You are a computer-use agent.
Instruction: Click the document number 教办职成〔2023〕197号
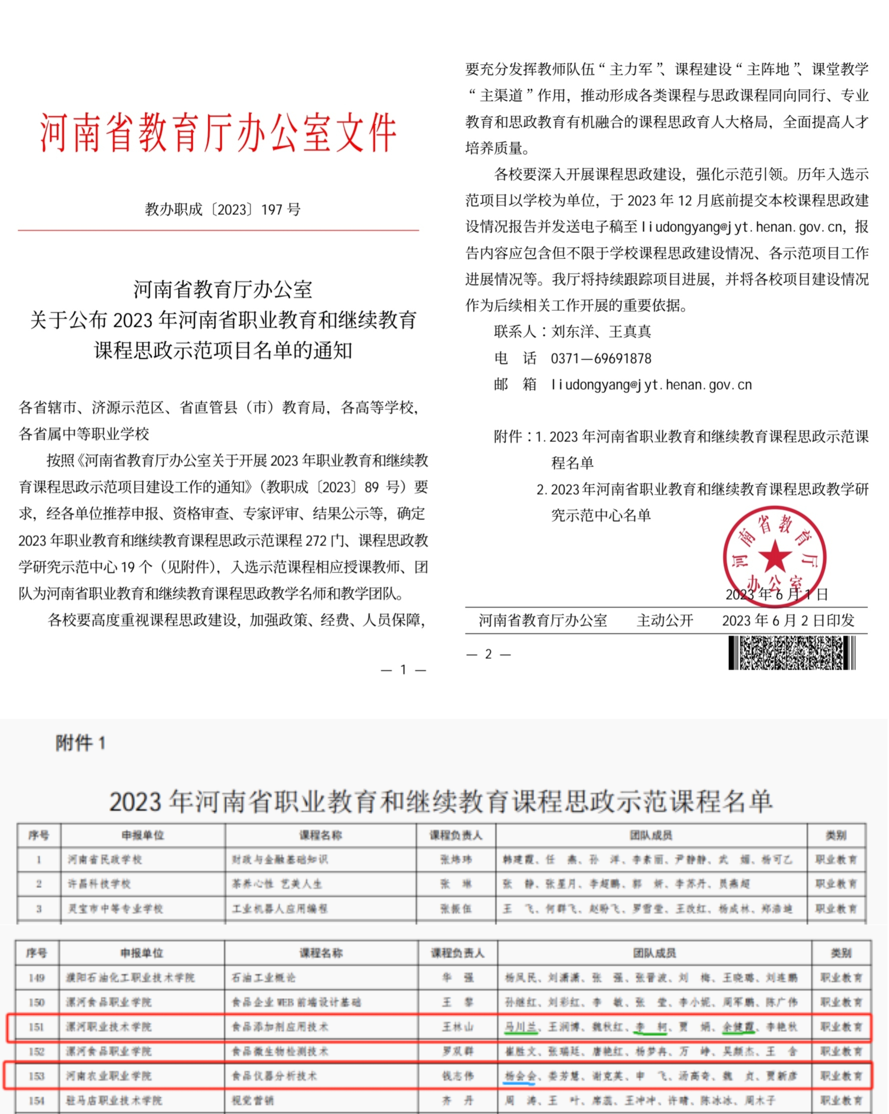click(223, 209)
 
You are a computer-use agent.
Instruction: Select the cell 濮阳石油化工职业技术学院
click(130, 978)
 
